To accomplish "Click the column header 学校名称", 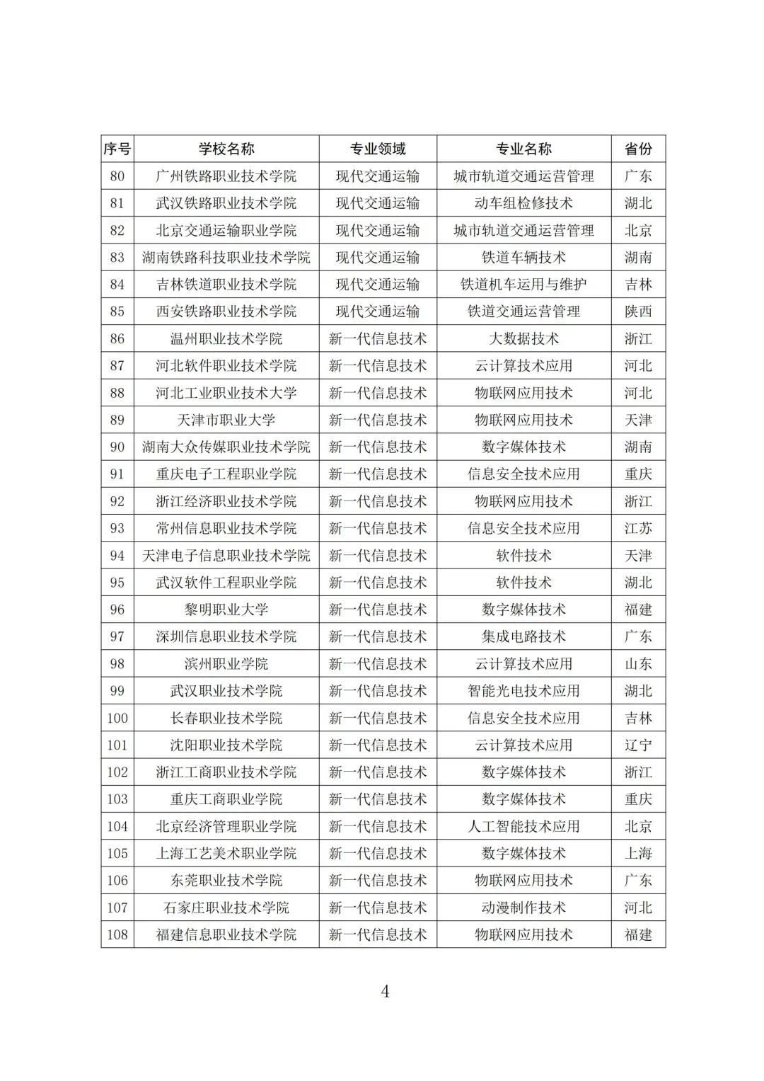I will [226, 149].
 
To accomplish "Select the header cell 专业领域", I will [378, 149].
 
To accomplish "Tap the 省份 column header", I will [638, 149].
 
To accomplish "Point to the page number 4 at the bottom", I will [385, 991].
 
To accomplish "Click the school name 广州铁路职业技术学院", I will [226, 176].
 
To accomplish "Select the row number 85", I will [117, 311].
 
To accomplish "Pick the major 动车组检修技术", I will [523, 203].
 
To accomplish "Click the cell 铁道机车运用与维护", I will [523, 285].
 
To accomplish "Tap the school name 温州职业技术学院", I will [226, 338].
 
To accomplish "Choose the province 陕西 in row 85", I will [638, 311].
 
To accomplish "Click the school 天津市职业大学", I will [226, 420].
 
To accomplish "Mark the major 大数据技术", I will [523, 338].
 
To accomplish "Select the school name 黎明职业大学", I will [226, 610].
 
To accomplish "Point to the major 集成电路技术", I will [523, 636].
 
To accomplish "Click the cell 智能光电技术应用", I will [523, 691].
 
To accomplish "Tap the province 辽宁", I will [638, 745].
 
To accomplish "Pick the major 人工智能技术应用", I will [523, 826].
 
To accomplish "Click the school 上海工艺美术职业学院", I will [226, 853].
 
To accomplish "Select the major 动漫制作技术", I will [523, 908].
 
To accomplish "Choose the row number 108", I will [117, 934].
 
